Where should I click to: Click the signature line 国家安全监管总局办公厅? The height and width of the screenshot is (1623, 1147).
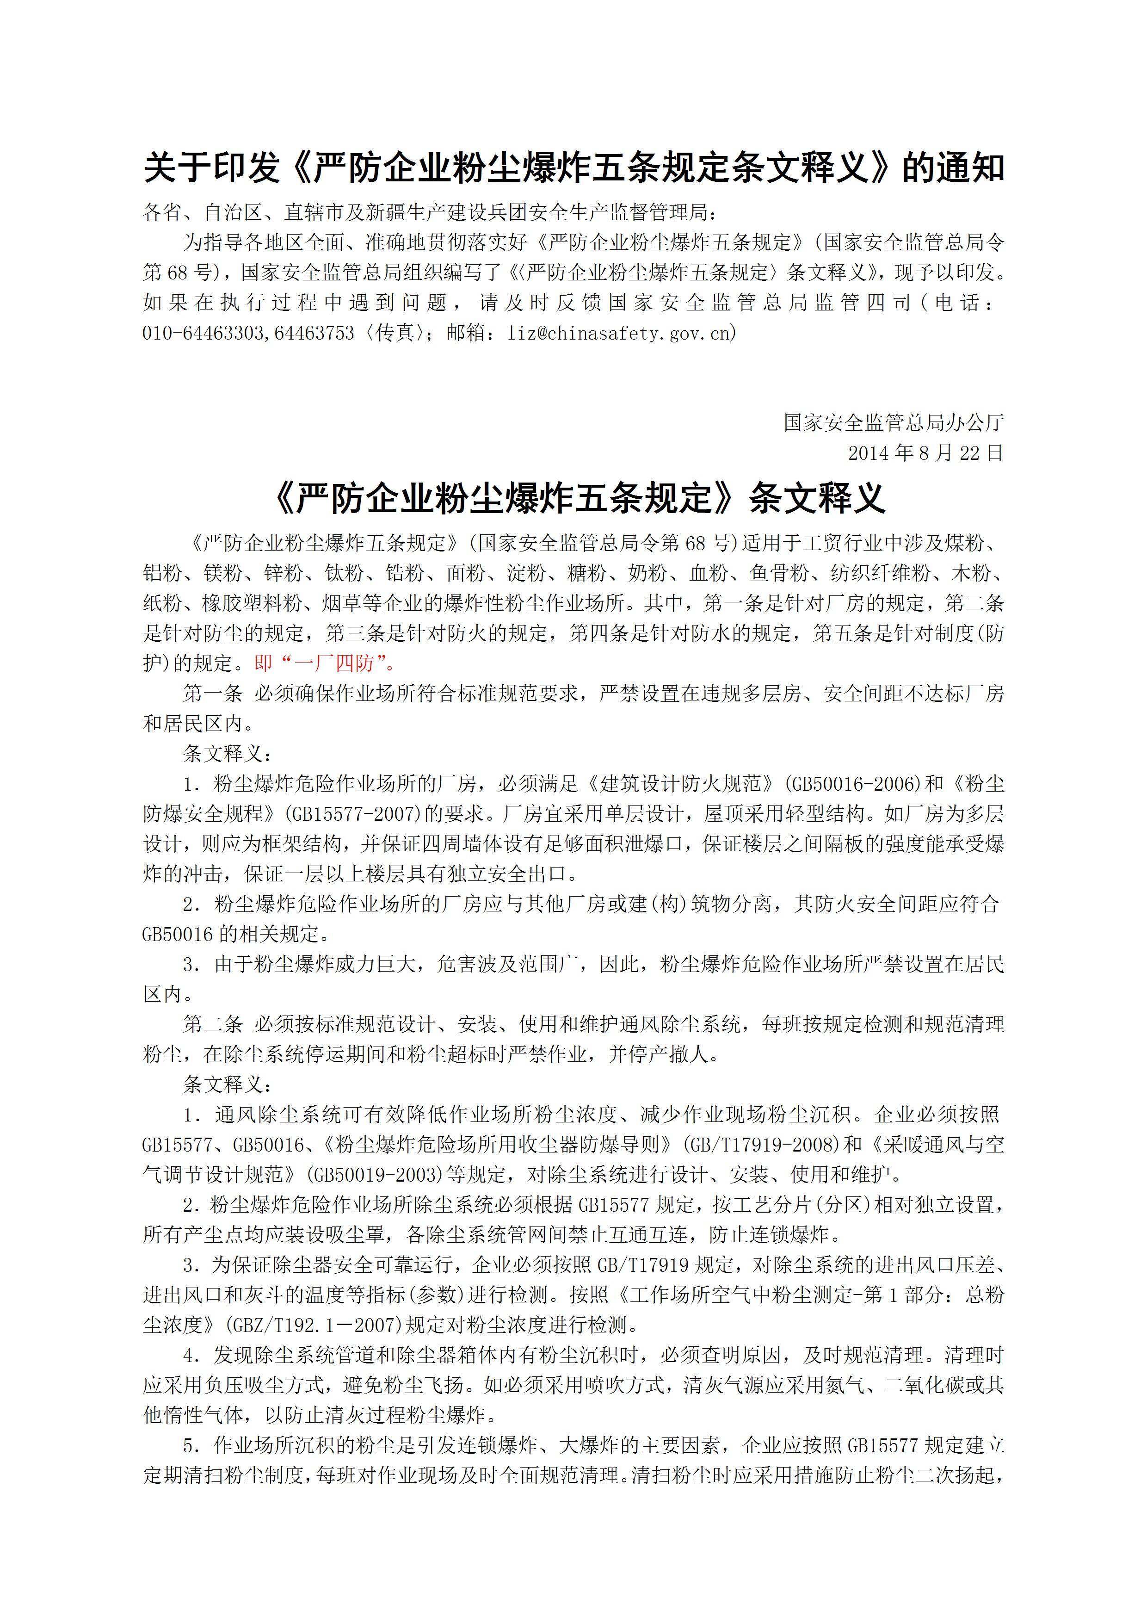(x=893, y=423)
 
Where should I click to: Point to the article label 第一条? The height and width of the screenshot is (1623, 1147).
(x=212, y=694)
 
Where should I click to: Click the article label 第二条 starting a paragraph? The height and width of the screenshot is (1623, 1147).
(x=212, y=1024)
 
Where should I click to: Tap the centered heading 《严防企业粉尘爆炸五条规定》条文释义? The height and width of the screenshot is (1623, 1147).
(x=579, y=498)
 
